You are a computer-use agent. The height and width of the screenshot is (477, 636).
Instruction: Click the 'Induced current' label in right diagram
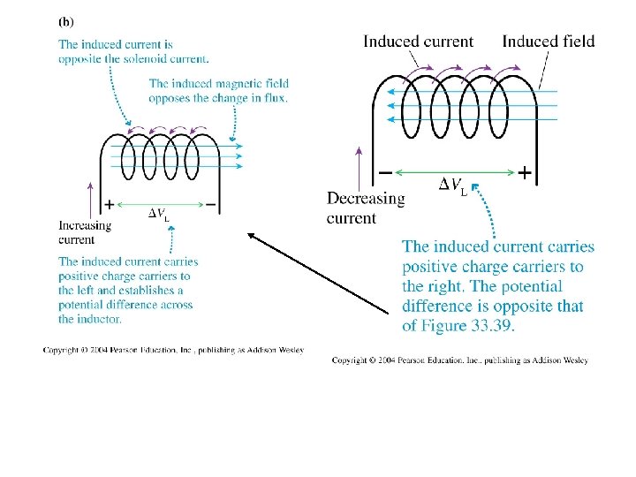point(418,42)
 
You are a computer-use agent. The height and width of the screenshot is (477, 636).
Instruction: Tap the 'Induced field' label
point(548,42)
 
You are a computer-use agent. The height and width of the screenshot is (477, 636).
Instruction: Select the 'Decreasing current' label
point(366,208)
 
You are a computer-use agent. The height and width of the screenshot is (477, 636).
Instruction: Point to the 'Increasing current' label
point(85,232)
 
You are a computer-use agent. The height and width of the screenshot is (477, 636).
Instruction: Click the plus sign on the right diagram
point(525,173)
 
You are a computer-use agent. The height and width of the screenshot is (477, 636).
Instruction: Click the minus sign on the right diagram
point(386,172)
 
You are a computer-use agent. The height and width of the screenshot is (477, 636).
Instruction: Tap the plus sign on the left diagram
point(109,205)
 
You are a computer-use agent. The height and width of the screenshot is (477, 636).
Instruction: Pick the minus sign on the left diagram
point(210,205)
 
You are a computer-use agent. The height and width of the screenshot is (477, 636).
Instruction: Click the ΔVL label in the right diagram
point(452,185)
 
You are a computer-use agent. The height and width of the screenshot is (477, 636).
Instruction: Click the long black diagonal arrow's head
point(251,235)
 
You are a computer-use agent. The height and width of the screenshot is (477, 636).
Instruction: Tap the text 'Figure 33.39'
point(466,326)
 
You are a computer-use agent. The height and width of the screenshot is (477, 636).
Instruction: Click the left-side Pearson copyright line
point(173,350)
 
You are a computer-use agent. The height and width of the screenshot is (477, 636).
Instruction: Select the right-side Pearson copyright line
point(460,360)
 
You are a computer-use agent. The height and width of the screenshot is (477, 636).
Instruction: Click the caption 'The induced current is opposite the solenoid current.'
point(134,52)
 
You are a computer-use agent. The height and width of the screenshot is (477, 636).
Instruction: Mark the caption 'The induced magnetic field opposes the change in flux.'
point(218,91)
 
